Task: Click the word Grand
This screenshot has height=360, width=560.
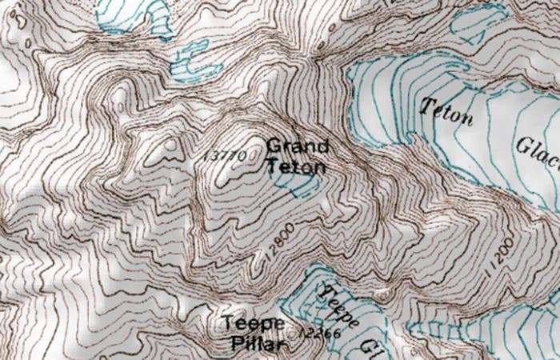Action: [297, 146]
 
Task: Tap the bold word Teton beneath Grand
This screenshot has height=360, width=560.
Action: [296, 167]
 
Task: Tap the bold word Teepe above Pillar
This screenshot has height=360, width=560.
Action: [254, 324]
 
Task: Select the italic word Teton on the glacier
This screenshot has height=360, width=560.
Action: [446, 112]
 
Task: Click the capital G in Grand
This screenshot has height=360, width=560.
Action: [273, 146]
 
